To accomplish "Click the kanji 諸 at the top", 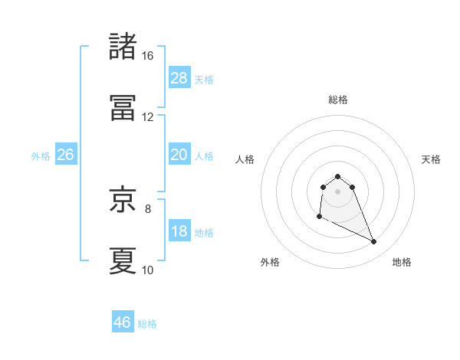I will coord(123,47).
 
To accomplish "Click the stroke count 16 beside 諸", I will coord(147,56).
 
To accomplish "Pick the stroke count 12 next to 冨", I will coord(147,117).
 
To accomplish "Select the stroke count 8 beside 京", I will coord(147,208).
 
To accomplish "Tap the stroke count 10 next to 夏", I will coord(147,270).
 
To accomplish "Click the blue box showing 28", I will coord(179,78).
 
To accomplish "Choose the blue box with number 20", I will coord(179,155).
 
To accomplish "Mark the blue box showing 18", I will coord(179,232).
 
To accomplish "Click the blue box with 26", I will coord(65,155).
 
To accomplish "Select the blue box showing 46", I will coord(123,322).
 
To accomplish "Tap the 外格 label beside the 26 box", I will coord(41,156).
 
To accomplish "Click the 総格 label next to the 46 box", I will coord(147,324).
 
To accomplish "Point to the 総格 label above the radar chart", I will coord(338,100).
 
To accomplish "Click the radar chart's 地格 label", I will coord(402,262).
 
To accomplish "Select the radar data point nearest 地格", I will coord(374,242).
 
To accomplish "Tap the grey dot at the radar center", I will coord(337,191).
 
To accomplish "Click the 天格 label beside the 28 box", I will coord(204,80).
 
